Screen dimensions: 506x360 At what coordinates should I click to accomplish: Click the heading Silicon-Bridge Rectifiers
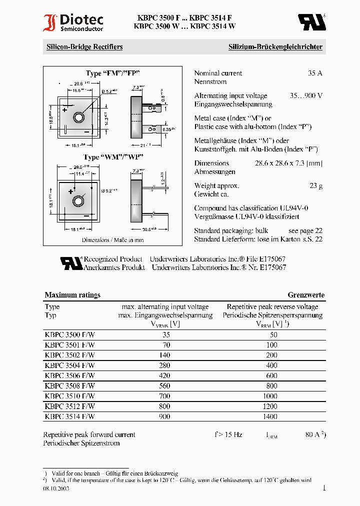point(84,47)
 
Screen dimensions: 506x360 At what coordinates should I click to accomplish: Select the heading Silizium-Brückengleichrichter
point(275,47)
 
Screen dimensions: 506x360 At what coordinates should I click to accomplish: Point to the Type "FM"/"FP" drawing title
point(112,73)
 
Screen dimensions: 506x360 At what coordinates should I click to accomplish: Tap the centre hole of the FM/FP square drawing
point(78,117)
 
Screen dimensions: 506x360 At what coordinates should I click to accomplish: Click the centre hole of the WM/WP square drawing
point(78,201)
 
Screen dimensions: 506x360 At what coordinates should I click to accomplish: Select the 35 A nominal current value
point(315,73)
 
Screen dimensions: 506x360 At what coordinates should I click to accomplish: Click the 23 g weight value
point(315,185)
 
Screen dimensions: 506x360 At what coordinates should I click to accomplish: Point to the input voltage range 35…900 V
point(305,95)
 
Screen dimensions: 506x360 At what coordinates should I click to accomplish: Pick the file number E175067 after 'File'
point(270,259)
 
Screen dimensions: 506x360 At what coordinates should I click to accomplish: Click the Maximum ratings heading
point(72,295)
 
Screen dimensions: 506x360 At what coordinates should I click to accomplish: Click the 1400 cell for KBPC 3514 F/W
point(270,416)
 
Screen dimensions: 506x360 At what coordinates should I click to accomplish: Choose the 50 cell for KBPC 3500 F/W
point(273,335)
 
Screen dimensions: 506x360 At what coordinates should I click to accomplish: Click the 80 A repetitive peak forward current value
point(313,435)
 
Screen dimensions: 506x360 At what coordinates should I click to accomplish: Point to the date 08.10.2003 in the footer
point(56,488)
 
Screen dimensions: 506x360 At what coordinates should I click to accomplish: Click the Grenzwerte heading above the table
point(306,295)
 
